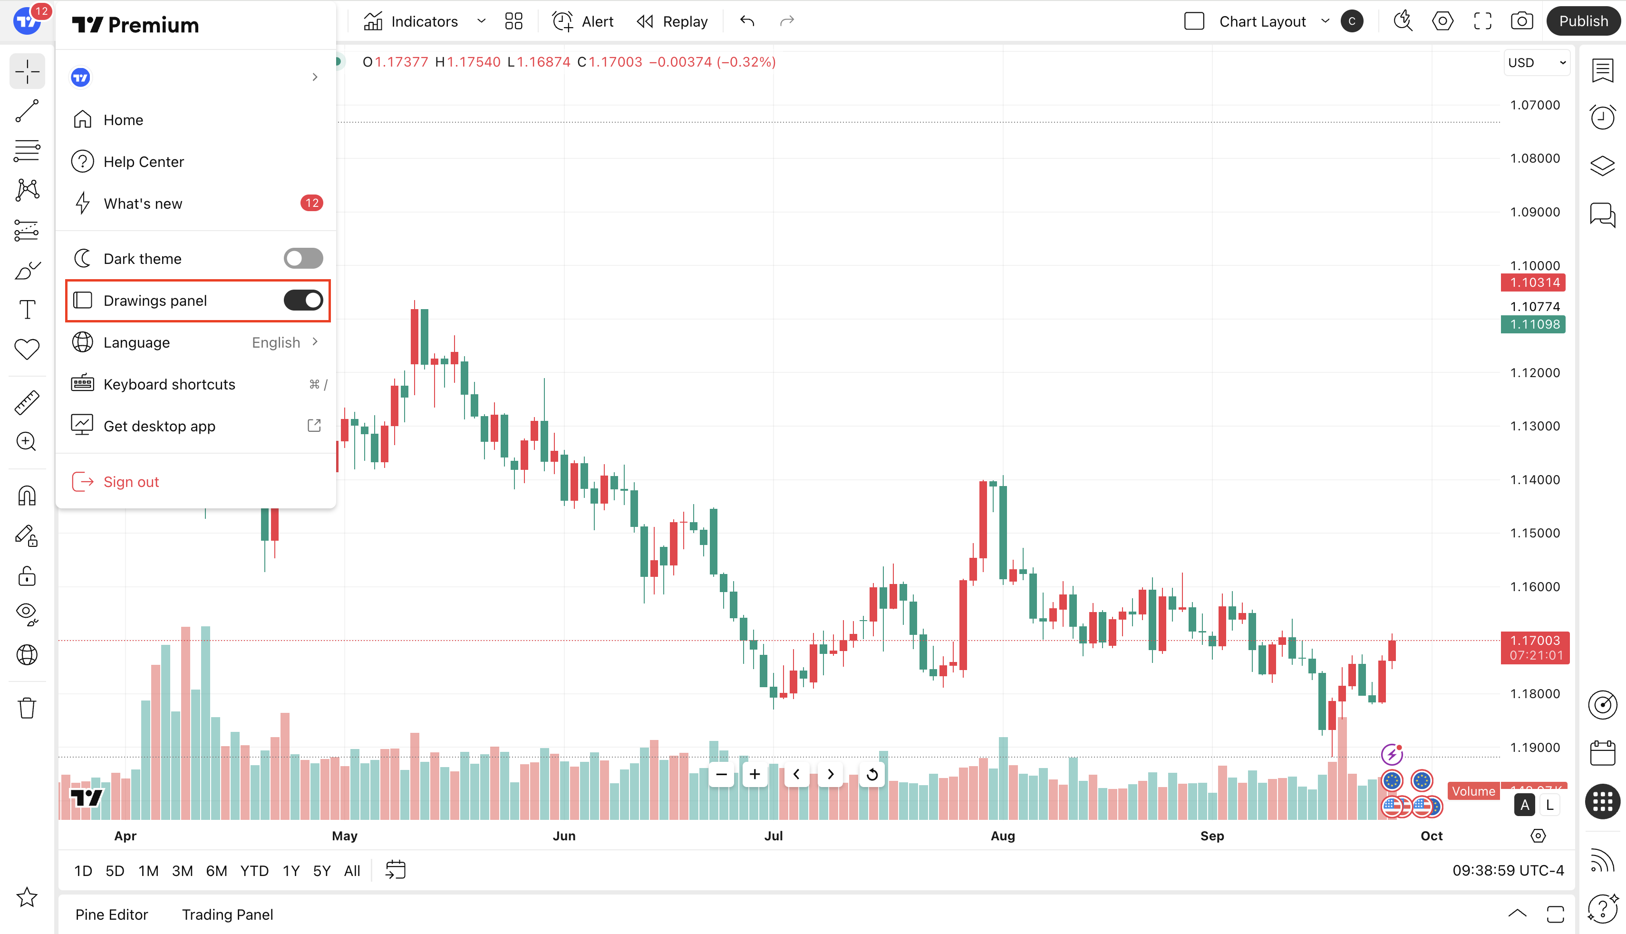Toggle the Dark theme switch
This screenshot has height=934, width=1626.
pos(303,259)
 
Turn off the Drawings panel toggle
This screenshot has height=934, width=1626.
pos(303,300)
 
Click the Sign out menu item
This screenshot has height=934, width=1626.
pos(131,482)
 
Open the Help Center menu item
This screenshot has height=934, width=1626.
pos(144,162)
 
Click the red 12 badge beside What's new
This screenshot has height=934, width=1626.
pos(311,204)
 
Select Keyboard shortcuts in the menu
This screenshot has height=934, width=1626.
pos(169,384)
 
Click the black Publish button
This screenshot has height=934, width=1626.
pos(1583,21)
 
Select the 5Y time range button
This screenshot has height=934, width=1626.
pos(321,870)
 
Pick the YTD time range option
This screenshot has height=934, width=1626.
pos(254,870)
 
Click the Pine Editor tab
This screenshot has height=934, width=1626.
pos(112,914)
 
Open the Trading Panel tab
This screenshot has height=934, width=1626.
pos(227,914)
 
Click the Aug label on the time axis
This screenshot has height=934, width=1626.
pos(1002,835)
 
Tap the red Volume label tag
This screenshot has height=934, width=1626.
pos(1473,791)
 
